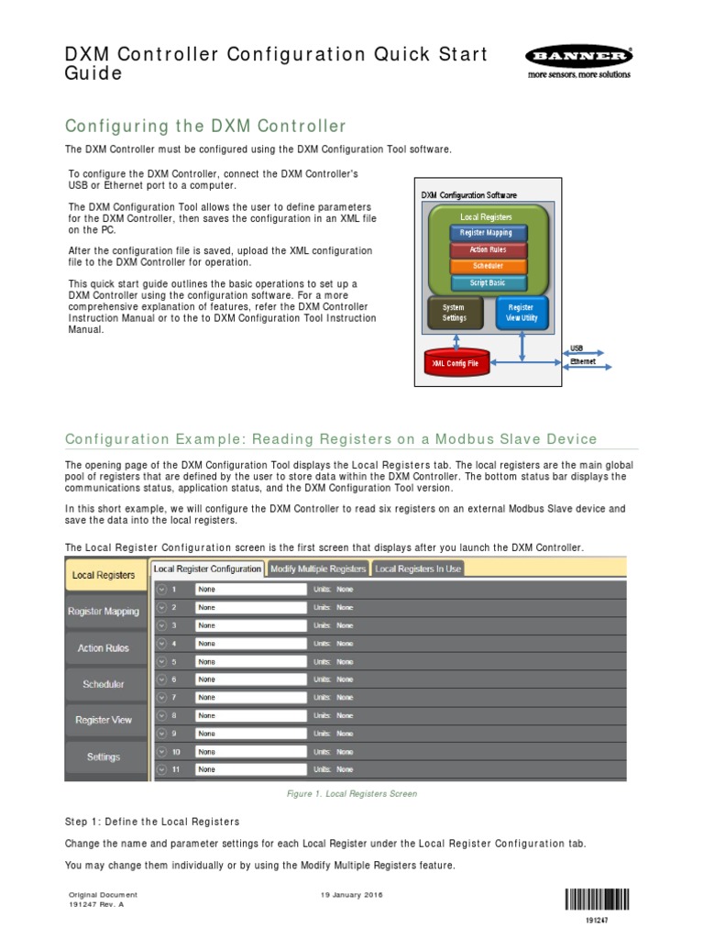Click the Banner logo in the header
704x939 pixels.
(x=578, y=61)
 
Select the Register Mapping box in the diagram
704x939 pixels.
(x=487, y=233)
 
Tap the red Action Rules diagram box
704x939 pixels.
(x=487, y=249)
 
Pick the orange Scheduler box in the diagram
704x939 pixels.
(x=487, y=266)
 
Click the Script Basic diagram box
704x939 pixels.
(x=487, y=283)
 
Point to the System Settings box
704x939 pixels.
(x=454, y=313)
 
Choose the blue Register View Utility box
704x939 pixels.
(x=522, y=313)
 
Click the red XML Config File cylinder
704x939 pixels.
(x=456, y=363)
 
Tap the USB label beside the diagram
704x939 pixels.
(x=577, y=348)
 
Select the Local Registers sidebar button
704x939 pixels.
(x=104, y=575)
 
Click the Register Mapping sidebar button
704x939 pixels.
(x=104, y=612)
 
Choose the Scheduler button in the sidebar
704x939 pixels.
(x=104, y=684)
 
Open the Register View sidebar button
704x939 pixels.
(x=104, y=721)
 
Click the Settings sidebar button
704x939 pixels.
(x=104, y=757)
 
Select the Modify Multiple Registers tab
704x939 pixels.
(x=318, y=569)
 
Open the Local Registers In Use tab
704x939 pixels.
(x=418, y=569)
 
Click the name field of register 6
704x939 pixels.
(x=251, y=679)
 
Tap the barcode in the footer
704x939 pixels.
(x=597, y=899)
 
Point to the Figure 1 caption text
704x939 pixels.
(x=352, y=794)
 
